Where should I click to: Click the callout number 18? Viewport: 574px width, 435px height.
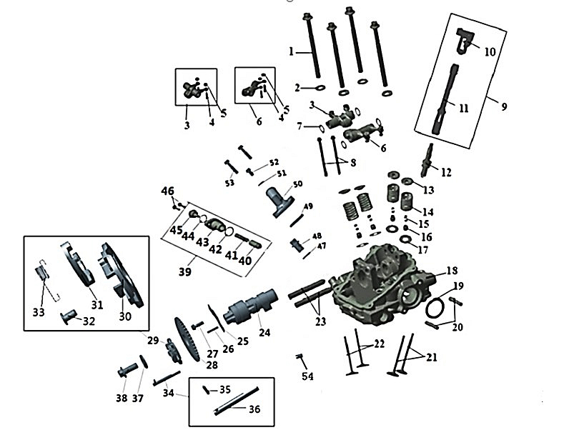(x=452, y=271)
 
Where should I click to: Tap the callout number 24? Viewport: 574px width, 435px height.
(x=264, y=332)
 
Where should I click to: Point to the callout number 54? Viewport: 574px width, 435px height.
(x=307, y=376)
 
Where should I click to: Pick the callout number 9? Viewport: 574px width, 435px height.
(x=503, y=106)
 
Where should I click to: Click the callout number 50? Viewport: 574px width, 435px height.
(x=297, y=184)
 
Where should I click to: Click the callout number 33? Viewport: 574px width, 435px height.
(x=39, y=312)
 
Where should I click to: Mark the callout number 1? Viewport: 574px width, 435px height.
(x=292, y=52)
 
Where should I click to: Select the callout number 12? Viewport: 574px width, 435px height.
(x=446, y=172)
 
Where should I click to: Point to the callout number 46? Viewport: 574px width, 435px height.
(x=167, y=191)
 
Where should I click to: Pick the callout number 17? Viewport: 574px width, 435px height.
(x=423, y=250)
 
